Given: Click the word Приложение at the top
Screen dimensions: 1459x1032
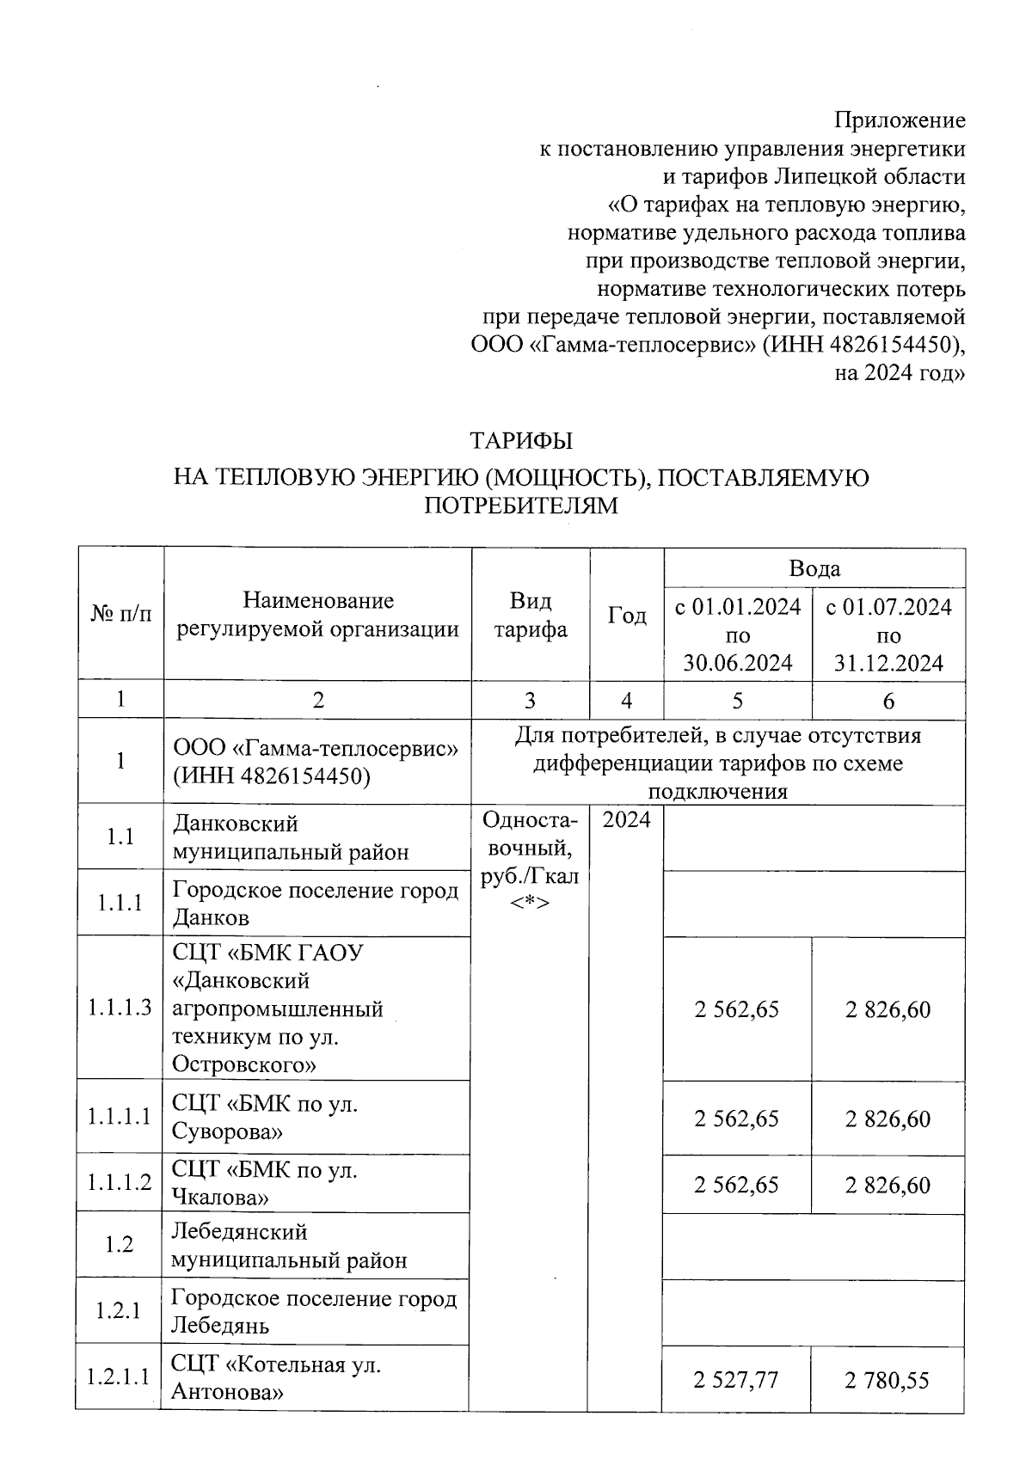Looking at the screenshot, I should click(900, 120).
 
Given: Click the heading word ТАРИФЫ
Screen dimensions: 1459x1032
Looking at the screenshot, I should click(520, 441).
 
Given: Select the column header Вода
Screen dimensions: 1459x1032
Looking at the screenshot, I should click(814, 568).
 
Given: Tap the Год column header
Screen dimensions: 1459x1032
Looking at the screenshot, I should click(627, 616).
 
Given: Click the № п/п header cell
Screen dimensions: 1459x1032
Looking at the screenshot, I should click(120, 614).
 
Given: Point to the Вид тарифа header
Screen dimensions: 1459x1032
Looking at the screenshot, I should click(530, 615).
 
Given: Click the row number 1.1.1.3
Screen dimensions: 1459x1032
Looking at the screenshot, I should click(120, 1008).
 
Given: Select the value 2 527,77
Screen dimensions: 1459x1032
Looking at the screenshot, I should click(736, 1380).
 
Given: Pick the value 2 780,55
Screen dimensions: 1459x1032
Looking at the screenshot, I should click(888, 1380).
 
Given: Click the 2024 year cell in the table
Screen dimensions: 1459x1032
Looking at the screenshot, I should click(626, 819).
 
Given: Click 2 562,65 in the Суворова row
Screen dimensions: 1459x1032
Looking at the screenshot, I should click(736, 1118).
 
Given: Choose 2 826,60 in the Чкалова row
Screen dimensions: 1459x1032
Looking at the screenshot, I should click(888, 1185).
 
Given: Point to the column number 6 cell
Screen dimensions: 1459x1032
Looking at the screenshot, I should click(888, 701).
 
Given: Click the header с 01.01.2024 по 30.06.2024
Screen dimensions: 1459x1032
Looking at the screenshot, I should click(737, 634).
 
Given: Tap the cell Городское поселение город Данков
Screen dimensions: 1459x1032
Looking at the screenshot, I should click(315, 903).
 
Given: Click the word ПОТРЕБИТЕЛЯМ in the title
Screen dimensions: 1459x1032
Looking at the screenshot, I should click(520, 506).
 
